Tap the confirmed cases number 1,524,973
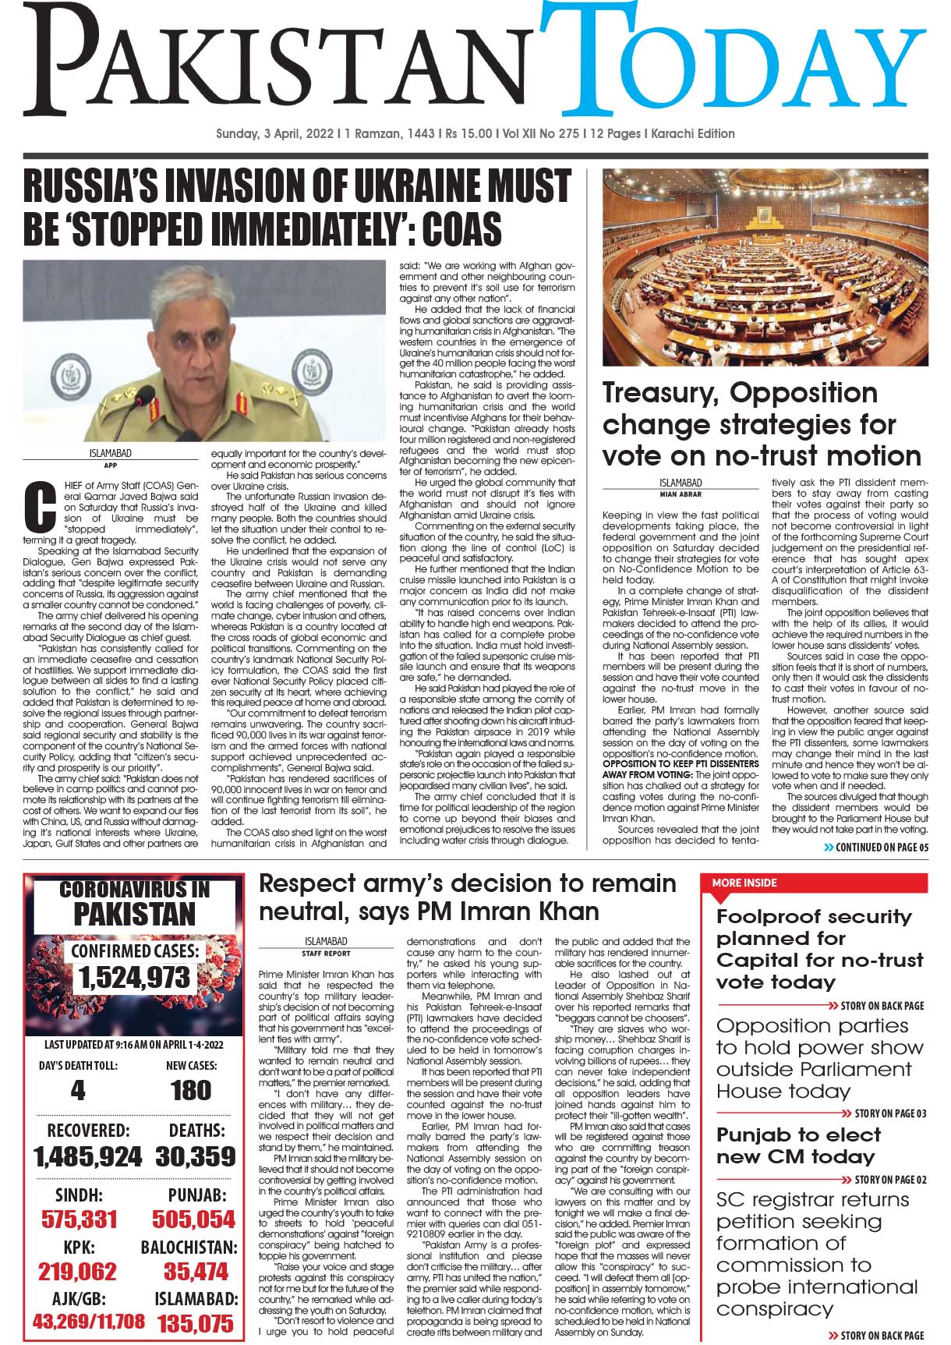[x=133, y=978]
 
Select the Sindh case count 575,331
[x=80, y=1219]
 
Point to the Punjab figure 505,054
[x=193, y=1219]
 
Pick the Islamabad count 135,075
[x=195, y=1324]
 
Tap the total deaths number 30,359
[x=195, y=1157]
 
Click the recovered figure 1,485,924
[x=87, y=1157]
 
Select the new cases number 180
[x=191, y=1090]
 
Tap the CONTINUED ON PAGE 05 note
[x=876, y=848]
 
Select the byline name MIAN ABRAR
[x=681, y=494]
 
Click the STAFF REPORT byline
[x=327, y=953]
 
